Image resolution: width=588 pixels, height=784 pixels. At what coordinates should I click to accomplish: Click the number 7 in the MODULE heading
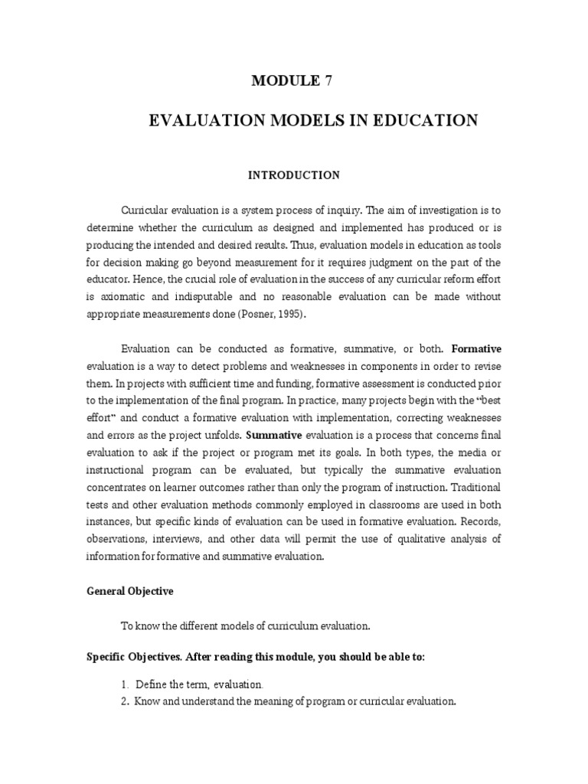click(328, 81)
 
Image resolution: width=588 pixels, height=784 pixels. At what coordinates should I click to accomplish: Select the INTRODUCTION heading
click(293, 175)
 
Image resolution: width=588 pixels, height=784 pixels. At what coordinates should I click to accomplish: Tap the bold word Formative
click(477, 348)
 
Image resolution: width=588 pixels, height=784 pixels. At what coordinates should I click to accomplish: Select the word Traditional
click(475, 486)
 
